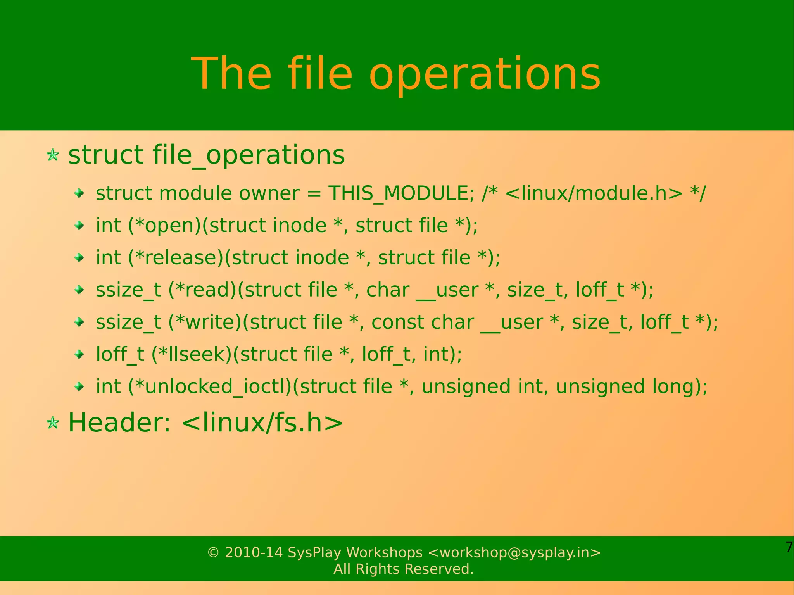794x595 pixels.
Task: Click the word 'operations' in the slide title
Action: click(x=485, y=75)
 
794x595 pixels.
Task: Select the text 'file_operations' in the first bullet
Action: click(x=249, y=155)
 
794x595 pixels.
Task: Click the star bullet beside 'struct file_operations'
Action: click(x=53, y=155)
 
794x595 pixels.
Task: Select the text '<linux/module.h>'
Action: click(x=594, y=193)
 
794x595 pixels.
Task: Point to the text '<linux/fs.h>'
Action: click(x=262, y=423)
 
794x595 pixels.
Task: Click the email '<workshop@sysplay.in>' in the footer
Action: click(x=514, y=552)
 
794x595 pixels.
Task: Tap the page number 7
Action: click(x=789, y=547)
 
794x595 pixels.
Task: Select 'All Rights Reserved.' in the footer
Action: click(x=404, y=569)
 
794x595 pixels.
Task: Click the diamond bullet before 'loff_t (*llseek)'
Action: click(x=79, y=354)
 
